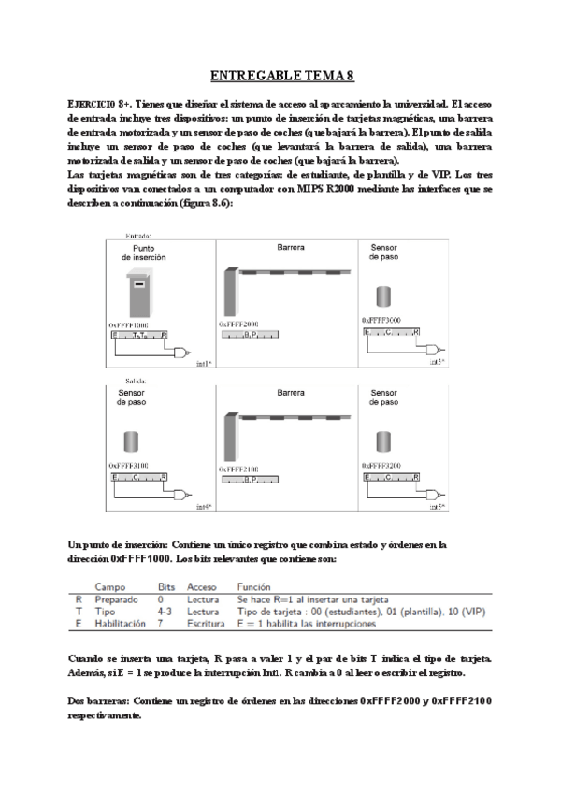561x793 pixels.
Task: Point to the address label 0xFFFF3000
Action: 381,320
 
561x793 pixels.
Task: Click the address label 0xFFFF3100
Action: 129,464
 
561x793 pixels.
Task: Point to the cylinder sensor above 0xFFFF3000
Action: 382,297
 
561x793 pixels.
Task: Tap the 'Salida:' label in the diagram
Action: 137,381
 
